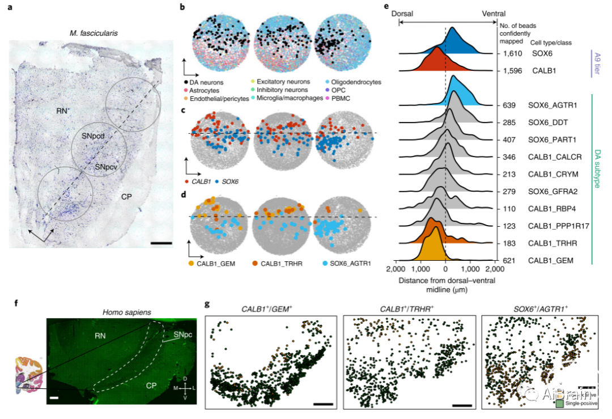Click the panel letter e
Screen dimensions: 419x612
[386, 7]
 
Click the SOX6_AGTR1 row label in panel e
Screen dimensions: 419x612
[553, 105]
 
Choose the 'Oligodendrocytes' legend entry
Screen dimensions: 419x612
[356, 82]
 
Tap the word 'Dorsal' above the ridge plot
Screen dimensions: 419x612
[405, 14]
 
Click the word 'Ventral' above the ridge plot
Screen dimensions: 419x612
[493, 14]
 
